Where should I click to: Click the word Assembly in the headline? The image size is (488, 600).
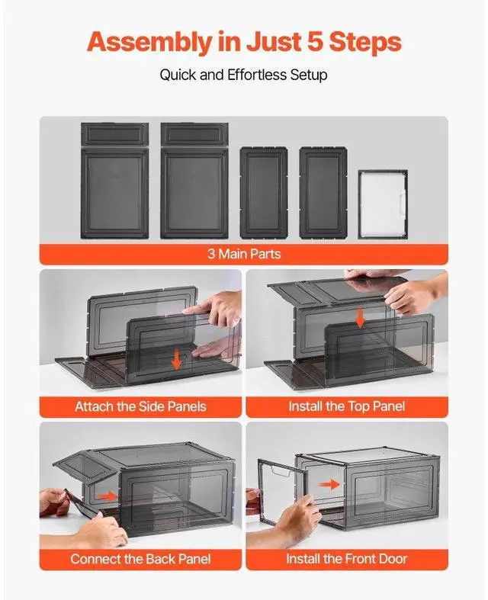point(149,43)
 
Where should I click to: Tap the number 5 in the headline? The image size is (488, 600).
point(316,41)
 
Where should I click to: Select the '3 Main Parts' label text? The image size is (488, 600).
point(244,254)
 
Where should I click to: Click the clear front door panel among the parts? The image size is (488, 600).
point(382,205)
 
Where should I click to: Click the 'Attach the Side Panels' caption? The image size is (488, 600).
point(140,406)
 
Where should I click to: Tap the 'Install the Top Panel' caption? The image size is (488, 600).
point(347,406)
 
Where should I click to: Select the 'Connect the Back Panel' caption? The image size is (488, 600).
point(140,559)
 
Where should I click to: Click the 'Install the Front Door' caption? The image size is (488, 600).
point(347,559)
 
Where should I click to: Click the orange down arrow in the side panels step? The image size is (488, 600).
point(176,359)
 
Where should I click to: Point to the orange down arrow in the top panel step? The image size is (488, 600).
point(359,319)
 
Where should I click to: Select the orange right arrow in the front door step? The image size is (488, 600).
point(329,485)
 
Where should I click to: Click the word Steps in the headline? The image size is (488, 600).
point(365,43)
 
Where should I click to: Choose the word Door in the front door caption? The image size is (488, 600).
point(393,559)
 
